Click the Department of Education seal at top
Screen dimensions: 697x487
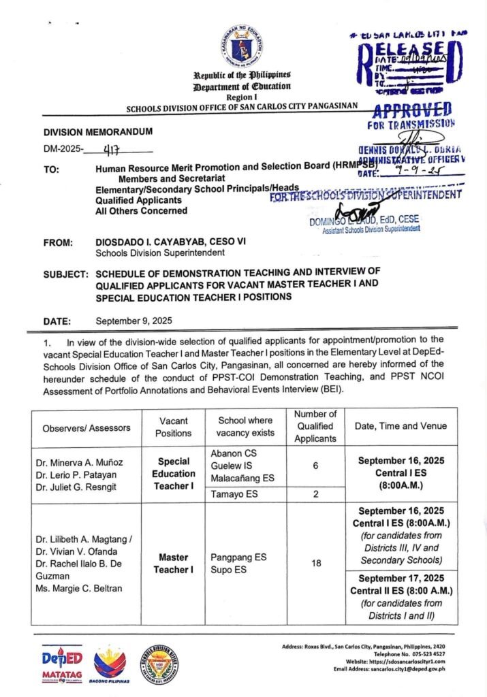[242, 46]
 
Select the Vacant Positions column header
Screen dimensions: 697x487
[173, 427]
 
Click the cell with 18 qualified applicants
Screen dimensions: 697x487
[315, 564]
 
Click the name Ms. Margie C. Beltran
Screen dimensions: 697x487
[79, 589]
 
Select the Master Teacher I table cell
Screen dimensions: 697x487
[173, 564]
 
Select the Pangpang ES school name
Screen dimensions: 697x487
[238, 557]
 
